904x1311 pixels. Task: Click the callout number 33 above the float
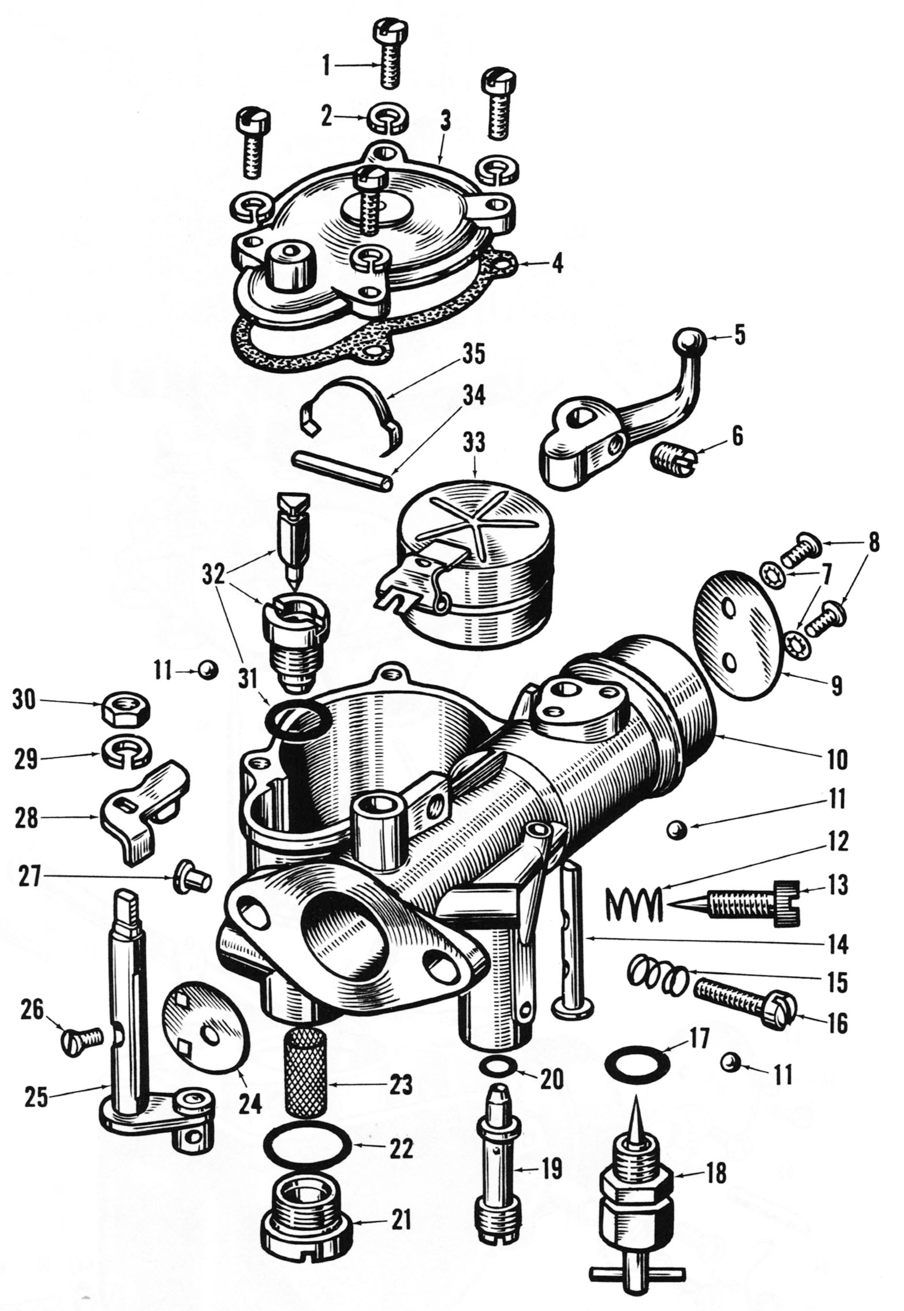pyautogui.click(x=474, y=443)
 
